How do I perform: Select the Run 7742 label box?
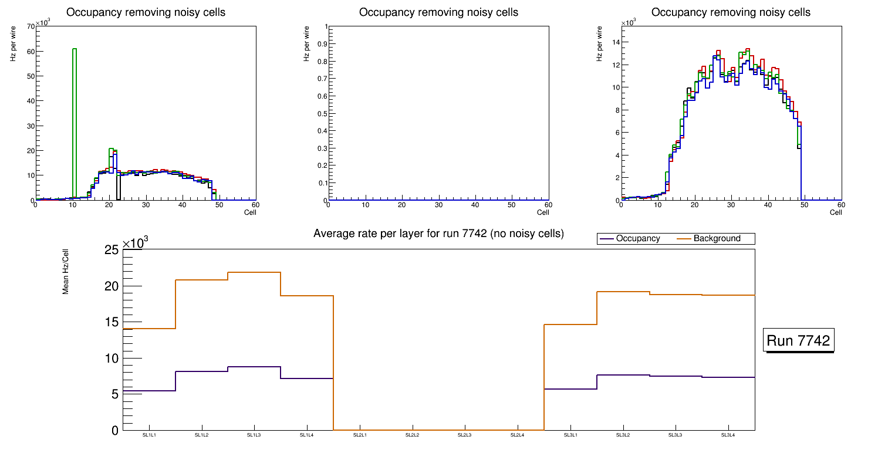coord(798,341)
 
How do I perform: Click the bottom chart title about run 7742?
coord(438,234)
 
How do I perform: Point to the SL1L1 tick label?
coord(149,435)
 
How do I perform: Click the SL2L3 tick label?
coord(465,435)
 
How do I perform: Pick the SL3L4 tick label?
coord(728,435)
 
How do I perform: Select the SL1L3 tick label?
coord(254,435)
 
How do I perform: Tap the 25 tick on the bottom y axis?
coord(112,251)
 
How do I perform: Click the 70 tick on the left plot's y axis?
coord(30,26)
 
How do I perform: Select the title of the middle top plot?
coord(438,12)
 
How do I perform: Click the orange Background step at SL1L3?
coord(254,272)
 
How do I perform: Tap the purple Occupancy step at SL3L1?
coord(570,389)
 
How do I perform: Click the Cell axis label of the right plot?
coord(836,212)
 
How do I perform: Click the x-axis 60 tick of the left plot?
coord(255,205)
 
